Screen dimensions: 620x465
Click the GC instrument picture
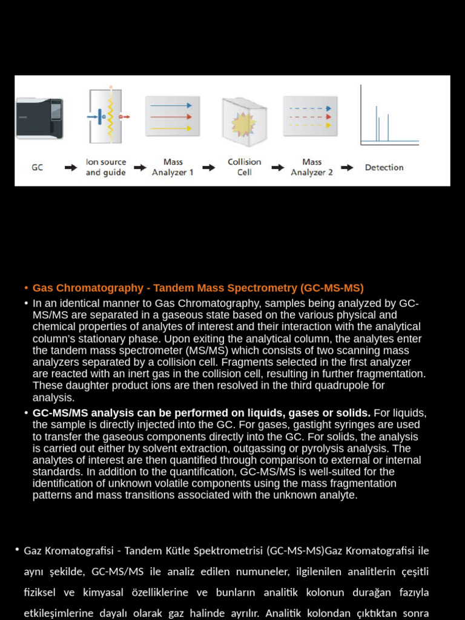click(39, 118)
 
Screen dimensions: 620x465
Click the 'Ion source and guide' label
click(106, 167)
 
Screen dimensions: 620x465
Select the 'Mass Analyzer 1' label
click(173, 167)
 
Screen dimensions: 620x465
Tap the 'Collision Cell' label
click(245, 167)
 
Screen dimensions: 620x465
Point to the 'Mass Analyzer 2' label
click(312, 167)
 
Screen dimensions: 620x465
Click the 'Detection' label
click(384, 168)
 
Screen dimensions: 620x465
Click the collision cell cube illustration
click(244, 121)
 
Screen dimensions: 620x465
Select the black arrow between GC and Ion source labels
click(72, 168)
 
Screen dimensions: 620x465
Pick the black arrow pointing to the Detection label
click(347, 168)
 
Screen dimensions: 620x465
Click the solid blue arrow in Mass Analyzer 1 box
click(171, 105)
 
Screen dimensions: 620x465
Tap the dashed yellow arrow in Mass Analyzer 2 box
click(311, 125)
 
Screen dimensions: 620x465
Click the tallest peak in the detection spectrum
click(377, 123)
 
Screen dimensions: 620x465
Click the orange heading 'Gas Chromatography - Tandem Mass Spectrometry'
click(198, 288)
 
